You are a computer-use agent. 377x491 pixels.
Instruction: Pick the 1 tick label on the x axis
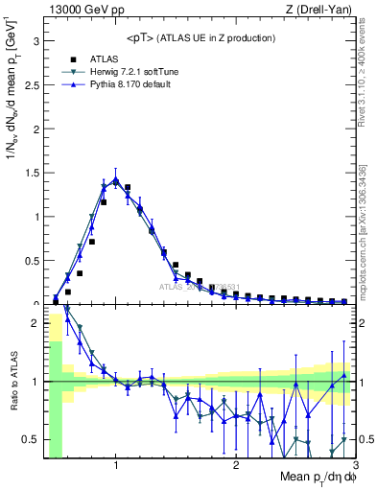116,465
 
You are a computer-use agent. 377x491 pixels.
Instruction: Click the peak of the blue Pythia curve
115,179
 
